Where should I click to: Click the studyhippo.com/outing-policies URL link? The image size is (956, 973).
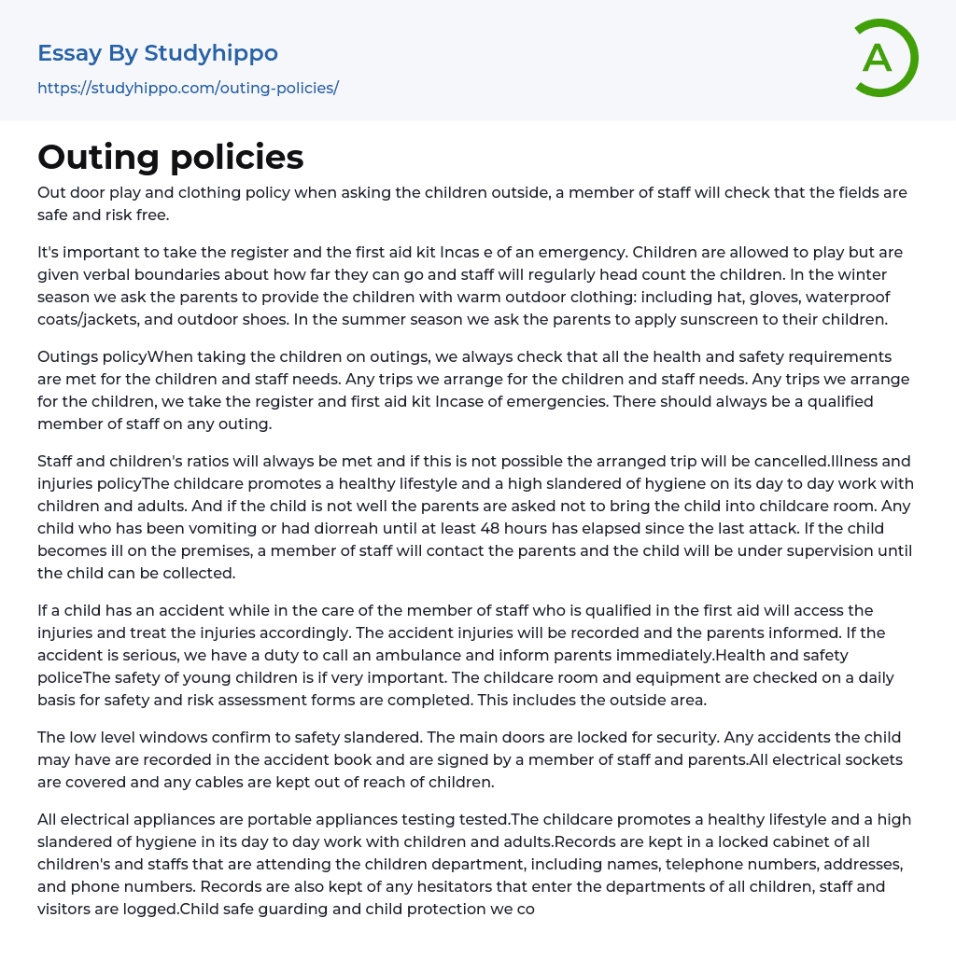click(x=188, y=89)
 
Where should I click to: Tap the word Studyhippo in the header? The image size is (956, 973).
click(x=211, y=53)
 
